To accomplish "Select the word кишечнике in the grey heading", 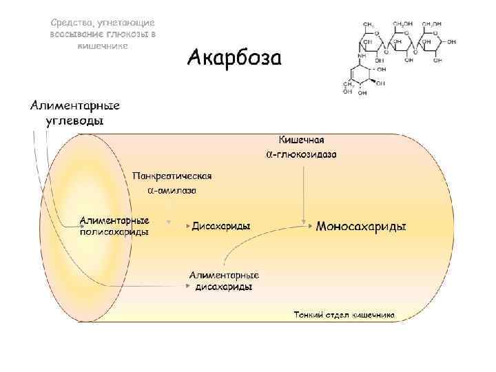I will pyautogui.click(x=102, y=45).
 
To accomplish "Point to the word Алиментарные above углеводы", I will pyautogui.click(x=74, y=106).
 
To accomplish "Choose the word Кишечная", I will pyautogui.click(x=301, y=141).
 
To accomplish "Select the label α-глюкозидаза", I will pyautogui.click(x=301, y=154).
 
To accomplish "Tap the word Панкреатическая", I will pyautogui.click(x=172, y=176).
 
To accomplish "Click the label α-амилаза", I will pyautogui.click(x=172, y=189).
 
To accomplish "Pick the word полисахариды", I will pyautogui.click(x=114, y=232).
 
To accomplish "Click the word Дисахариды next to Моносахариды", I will pyautogui.click(x=221, y=226).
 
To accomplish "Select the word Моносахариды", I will pyautogui.click(x=360, y=227).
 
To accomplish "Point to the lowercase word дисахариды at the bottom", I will pyautogui.click(x=224, y=287).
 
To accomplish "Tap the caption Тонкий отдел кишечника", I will pyautogui.click(x=344, y=315).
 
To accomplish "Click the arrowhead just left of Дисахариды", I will pyautogui.click(x=187, y=225).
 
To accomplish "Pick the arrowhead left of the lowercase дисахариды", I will pyautogui.click(x=188, y=284).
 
